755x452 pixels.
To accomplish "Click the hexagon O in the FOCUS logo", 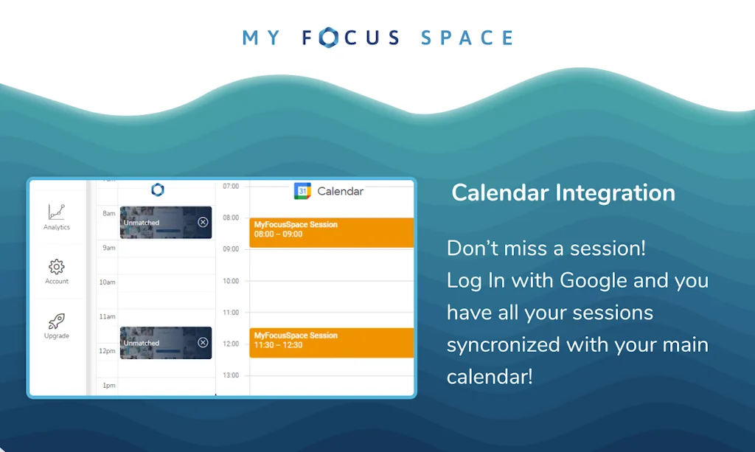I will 329,38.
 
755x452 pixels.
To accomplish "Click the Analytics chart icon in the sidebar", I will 57,212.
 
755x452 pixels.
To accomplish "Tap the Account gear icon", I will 57,266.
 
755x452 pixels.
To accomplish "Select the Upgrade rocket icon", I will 57,321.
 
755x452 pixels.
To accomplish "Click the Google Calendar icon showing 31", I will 302,191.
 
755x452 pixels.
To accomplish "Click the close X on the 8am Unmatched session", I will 203,222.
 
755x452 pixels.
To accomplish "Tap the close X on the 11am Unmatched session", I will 203,342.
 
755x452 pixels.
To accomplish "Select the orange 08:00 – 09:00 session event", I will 332,232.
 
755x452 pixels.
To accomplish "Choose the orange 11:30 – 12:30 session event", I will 332,343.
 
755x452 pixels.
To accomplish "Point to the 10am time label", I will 108,282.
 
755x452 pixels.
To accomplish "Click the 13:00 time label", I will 231,375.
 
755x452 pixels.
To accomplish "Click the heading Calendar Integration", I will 563,192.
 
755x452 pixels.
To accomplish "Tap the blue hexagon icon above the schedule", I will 157,190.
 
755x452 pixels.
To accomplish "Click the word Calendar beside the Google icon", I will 340,191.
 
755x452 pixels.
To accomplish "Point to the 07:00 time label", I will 231,187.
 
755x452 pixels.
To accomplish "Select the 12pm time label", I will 108,351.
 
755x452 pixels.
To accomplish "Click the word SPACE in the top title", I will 467,38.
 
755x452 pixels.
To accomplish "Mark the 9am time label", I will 108,248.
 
